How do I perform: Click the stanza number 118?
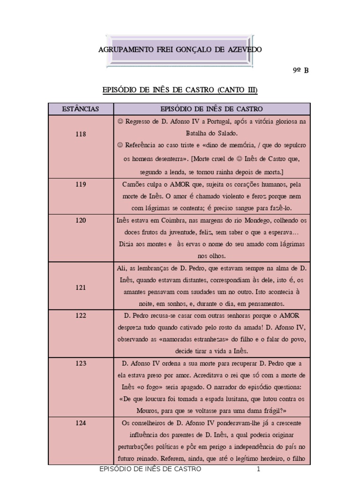pos(81,134)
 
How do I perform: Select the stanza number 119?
pos(81,184)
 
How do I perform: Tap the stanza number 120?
pos(81,220)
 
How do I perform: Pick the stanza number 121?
pos(81,287)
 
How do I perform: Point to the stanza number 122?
pos(81,315)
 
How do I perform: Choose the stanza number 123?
pos(81,363)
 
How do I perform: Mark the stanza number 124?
pos(81,423)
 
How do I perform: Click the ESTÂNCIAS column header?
pos(81,109)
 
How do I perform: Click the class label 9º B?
pos(300,71)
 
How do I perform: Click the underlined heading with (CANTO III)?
pos(180,90)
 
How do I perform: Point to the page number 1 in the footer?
pos(258,469)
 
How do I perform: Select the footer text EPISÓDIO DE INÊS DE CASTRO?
pos(151,469)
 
